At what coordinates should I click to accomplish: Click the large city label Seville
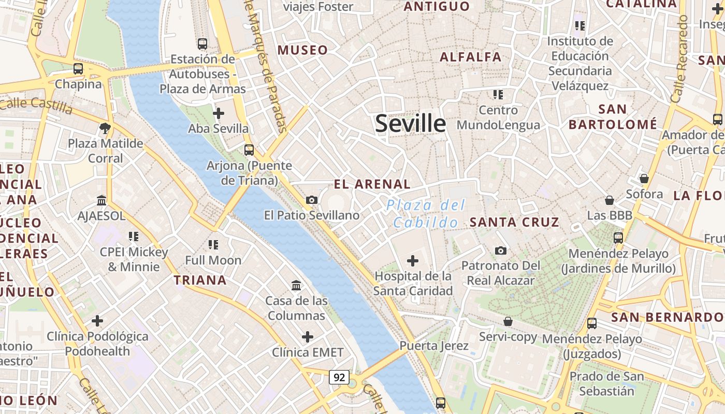click(x=410, y=124)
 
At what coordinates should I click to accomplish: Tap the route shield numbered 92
click(x=339, y=377)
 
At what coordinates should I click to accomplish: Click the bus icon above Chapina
click(x=78, y=68)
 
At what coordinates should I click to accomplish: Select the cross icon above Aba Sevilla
click(x=219, y=113)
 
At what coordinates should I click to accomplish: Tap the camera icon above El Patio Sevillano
click(x=312, y=200)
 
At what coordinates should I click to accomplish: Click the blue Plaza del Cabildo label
click(x=426, y=214)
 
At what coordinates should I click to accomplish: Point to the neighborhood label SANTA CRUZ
click(x=514, y=223)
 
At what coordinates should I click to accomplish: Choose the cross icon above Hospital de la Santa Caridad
click(x=413, y=260)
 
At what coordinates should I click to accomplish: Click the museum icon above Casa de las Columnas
click(x=296, y=285)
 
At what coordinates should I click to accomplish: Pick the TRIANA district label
click(x=200, y=280)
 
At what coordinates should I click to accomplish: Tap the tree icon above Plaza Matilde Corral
click(x=105, y=128)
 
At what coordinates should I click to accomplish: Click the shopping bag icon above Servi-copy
click(x=508, y=321)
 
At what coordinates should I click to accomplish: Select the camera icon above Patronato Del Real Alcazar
click(x=501, y=250)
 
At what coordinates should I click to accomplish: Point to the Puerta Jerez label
click(x=434, y=346)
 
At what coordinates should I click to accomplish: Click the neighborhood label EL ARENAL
click(x=372, y=184)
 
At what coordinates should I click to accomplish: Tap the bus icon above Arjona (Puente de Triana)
click(x=249, y=150)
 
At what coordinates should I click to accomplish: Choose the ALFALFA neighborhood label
click(x=471, y=57)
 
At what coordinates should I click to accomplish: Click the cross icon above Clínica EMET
click(x=308, y=337)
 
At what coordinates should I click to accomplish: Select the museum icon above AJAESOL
click(x=102, y=200)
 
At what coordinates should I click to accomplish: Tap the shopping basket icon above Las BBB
click(x=610, y=200)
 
